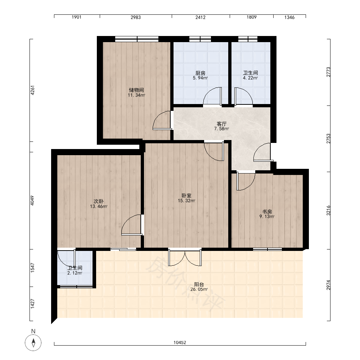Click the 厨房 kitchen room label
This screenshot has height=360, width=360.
pyautogui.click(x=200, y=73)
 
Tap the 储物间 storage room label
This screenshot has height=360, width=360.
pyautogui.click(x=136, y=90)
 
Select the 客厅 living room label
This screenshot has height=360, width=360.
pyautogui.click(x=221, y=124)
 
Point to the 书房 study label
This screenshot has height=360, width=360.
pyautogui.click(x=267, y=211)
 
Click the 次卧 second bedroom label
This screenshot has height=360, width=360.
pyautogui.click(x=99, y=201)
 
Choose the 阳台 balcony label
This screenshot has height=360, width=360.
pyautogui.click(x=199, y=284)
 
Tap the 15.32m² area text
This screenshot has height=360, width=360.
pyautogui.click(x=186, y=201)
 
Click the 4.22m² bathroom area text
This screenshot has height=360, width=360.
pyautogui.click(x=250, y=78)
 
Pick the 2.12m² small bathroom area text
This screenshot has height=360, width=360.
pyautogui.click(x=75, y=273)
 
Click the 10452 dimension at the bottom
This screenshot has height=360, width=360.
pyautogui.click(x=180, y=343)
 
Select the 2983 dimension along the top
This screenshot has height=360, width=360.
pyautogui.click(x=136, y=17)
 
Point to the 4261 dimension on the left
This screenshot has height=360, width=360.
pyautogui.click(x=32, y=90)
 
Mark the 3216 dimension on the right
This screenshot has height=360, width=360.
pyautogui.click(x=328, y=210)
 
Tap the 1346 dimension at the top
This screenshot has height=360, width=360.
pyautogui.click(x=289, y=17)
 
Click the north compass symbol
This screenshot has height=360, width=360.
pyautogui.click(x=33, y=343)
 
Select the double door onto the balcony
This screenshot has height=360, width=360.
pyautogui.click(x=185, y=257)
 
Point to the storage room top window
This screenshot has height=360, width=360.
pyautogui.click(x=137, y=39)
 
